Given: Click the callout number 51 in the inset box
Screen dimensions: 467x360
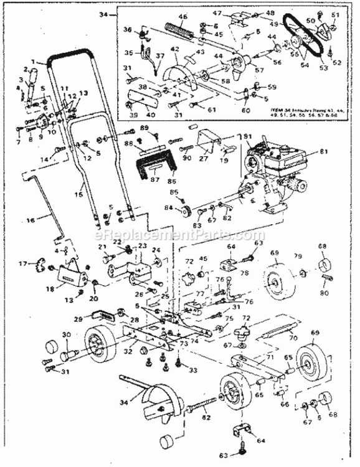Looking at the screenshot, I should pyautogui.click(x=334, y=15).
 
